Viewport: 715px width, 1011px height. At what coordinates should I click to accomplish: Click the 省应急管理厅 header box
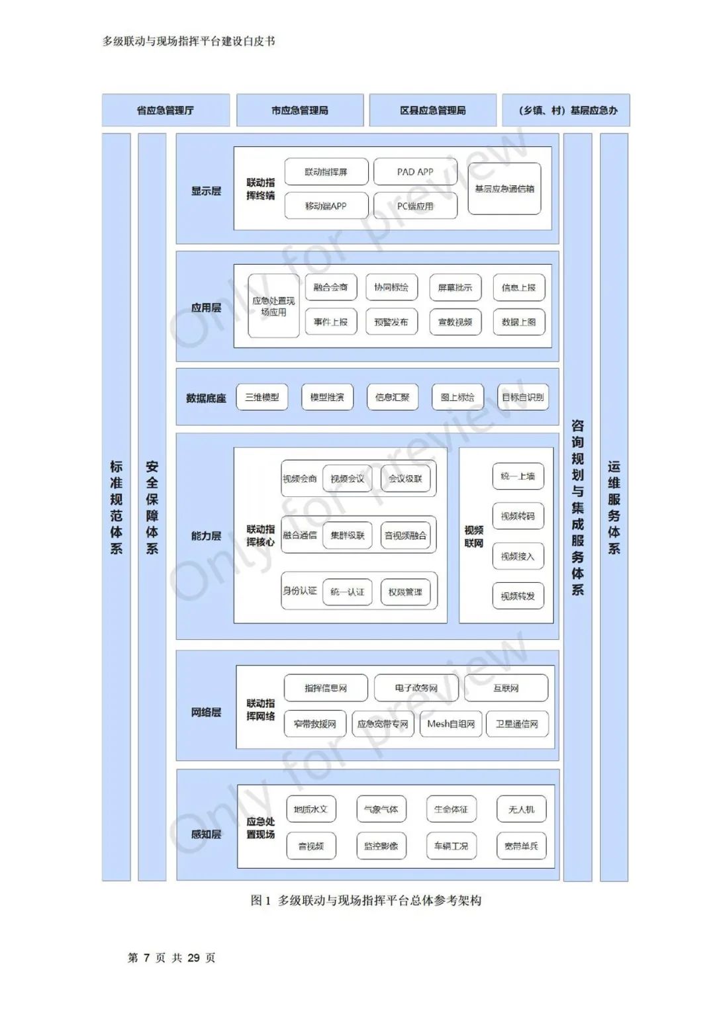166,110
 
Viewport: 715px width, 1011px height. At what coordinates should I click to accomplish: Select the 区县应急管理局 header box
432,110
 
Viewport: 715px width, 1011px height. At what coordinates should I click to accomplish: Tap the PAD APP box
415,172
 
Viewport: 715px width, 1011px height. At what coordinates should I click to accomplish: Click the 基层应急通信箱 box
504,189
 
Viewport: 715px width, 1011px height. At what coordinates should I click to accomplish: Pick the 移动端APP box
326,206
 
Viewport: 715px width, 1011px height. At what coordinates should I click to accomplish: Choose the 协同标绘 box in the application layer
391,288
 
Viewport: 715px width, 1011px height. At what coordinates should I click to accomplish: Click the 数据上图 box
519,322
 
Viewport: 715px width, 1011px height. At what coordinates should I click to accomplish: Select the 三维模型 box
262,398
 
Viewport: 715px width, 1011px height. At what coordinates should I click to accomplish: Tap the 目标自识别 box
523,398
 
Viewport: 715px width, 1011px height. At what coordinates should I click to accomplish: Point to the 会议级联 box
405,478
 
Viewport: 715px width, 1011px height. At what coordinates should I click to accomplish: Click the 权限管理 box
405,592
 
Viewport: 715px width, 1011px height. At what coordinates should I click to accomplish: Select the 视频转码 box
518,516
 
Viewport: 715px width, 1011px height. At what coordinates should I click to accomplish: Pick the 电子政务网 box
416,688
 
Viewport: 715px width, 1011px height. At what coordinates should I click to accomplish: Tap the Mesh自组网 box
451,724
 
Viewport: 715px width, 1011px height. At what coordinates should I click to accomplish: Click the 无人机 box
521,809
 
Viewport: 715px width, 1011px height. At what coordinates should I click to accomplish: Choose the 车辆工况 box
451,846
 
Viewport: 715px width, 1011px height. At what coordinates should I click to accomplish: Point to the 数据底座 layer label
206,398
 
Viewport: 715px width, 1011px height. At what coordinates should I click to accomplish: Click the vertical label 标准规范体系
117,507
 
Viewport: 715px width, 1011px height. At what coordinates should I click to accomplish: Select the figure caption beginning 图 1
366,901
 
